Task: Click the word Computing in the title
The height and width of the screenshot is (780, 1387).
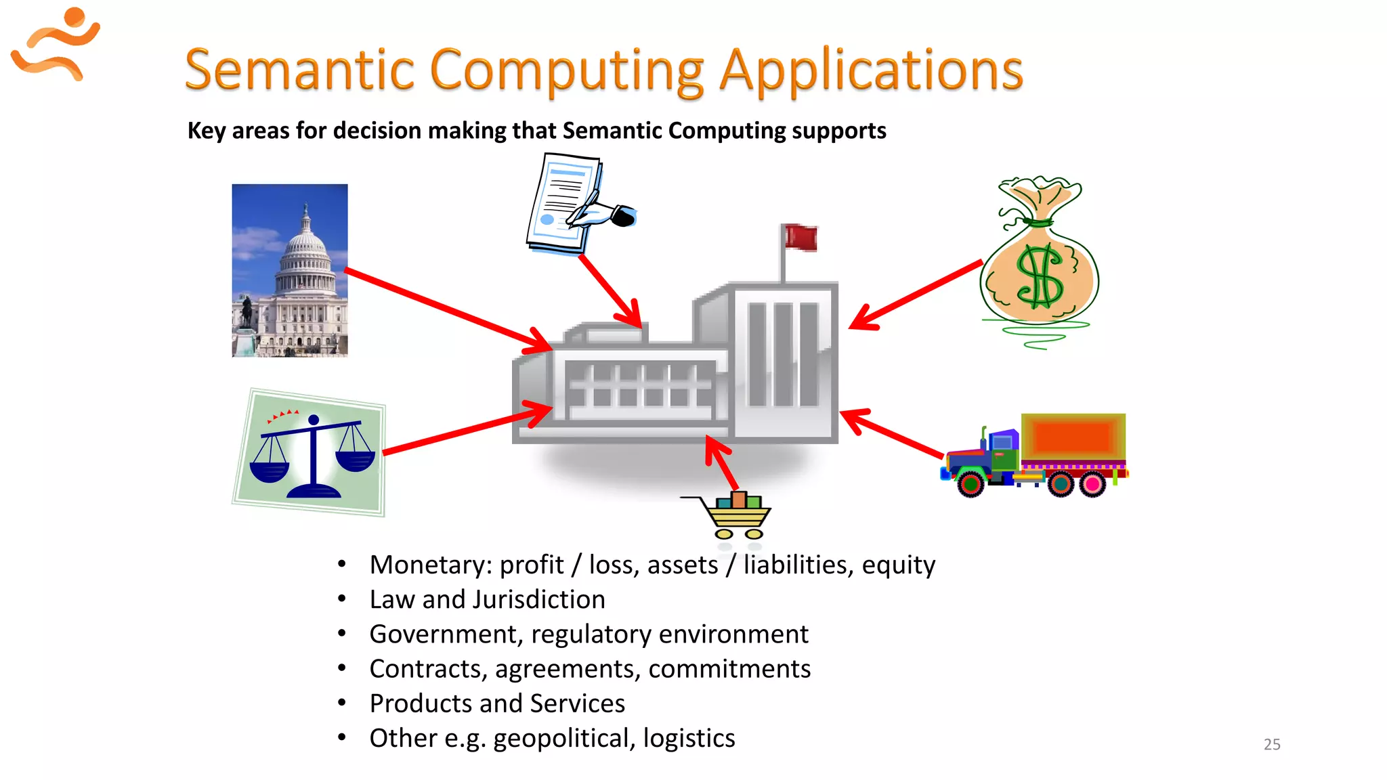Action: coord(568,70)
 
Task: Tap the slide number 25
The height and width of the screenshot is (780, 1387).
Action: coord(1271,744)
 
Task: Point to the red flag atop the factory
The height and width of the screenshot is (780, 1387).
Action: coord(801,238)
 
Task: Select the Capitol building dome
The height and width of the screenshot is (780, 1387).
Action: coord(305,244)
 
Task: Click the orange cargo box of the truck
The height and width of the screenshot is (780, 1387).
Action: coord(1073,437)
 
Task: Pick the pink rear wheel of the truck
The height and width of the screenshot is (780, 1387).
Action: coord(1092,484)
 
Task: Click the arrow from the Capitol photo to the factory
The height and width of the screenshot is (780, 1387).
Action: coord(447,310)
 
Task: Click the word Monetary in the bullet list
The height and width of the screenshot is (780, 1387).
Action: coord(429,565)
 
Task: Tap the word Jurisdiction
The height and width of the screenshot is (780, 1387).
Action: coord(539,600)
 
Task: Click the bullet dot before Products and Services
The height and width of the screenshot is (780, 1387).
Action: coord(342,703)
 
